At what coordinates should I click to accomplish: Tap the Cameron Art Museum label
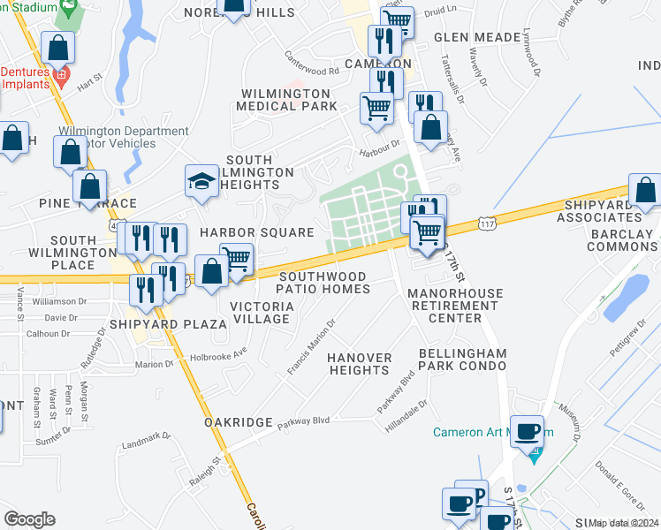(x=476, y=433)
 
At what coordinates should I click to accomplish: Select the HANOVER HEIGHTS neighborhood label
(x=360, y=364)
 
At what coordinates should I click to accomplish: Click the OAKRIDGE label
(x=238, y=423)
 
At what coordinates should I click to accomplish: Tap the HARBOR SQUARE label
(x=256, y=232)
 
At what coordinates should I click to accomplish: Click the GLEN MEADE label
(x=477, y=37)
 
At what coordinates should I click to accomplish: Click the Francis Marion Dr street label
(x=311, y=347)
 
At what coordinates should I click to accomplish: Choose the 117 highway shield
(x=486, y=224)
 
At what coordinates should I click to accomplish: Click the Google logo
(x=29, y=519)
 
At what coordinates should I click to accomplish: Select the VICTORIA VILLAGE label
(x=262, y=313)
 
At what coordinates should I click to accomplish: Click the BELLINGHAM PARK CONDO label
(x=463, y=359)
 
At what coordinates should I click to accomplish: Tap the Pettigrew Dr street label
(x=627, y=341)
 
